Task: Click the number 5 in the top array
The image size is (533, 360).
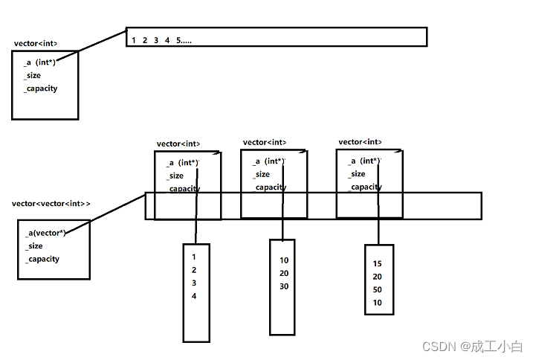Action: (178, 40)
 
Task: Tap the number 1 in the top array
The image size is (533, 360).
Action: (133, 40)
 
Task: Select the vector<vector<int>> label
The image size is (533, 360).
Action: (51, 203)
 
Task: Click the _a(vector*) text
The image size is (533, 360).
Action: (45, 233)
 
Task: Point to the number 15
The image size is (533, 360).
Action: (378, 263)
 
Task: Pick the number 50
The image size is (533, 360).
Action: (378, 289)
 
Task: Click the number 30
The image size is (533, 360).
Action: (284, 286)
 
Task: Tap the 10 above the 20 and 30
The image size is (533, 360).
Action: (284, 260)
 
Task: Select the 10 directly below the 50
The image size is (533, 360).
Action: (378, 303)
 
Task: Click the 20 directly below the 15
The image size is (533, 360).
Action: (378, 277)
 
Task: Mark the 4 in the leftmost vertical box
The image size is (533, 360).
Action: (194, 296)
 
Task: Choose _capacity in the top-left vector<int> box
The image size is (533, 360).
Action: (40, 89)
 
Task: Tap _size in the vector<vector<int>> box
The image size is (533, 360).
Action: (34, 246)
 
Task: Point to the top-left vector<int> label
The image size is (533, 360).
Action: (35, 44)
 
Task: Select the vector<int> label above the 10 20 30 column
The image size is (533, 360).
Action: (265, 142)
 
